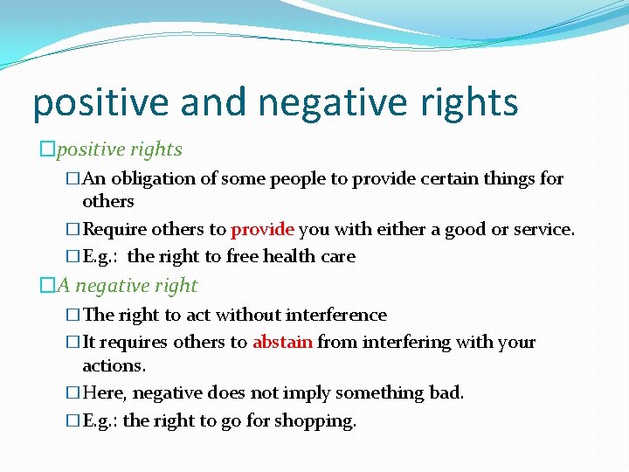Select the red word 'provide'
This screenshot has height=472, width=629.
(263, 230)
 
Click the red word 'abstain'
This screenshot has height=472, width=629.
(282, 342)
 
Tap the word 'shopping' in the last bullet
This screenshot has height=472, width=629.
(315, 420)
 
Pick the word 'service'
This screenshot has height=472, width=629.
(543, 230)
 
